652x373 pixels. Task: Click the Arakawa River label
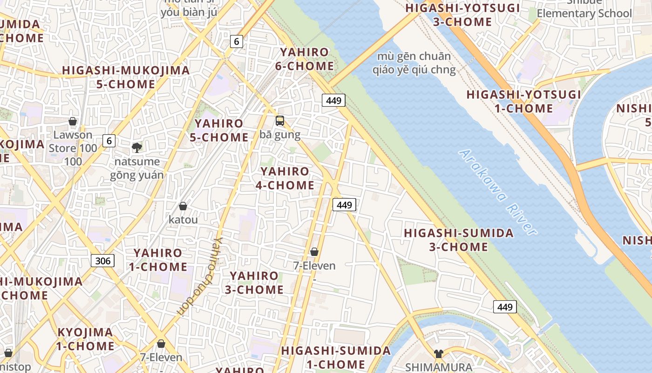coord(497,192)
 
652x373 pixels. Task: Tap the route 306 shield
coord(102,260)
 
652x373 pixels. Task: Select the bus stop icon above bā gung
coord(280,121)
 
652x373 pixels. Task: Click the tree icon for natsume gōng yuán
coord(137,148)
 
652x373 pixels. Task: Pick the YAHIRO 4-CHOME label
coord(285,178)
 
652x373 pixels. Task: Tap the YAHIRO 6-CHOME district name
coord(304,59)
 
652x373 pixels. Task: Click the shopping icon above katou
coord(183,206)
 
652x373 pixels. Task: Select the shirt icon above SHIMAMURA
coord(438,353)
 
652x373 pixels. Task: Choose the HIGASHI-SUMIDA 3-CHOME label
coord(459,240)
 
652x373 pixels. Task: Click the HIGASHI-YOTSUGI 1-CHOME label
coord(524,101)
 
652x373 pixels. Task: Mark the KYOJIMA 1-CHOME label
coord(85,339)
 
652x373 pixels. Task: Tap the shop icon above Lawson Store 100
coord(73,121)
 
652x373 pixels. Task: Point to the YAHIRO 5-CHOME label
coord(219,130)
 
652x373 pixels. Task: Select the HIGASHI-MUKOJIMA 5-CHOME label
coord(126,77)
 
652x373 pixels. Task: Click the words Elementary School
coord(584,13)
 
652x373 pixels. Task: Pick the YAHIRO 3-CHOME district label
coord(254,283)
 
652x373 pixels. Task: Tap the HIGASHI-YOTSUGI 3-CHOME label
coord(462,15)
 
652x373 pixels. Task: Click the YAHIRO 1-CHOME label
coord(158,260)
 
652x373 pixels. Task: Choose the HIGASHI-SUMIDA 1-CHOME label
coord(336,357)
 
